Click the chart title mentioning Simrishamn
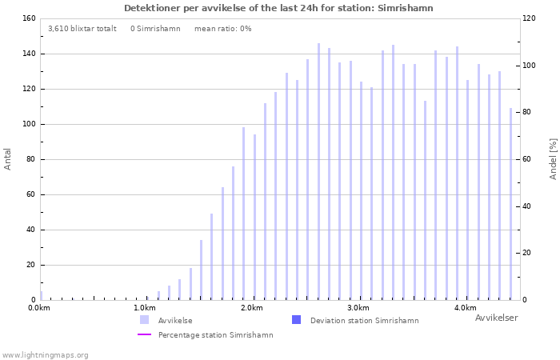point(278,8)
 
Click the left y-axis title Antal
point(8,158)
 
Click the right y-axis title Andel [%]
point(553,158)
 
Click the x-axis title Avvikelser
point(496,318)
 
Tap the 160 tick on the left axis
point(28,18)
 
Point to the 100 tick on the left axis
point(28,124)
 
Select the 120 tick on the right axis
point(529,18)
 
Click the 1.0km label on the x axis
point(144,308)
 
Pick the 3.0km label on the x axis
point(358,308)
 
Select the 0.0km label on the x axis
point(38,308)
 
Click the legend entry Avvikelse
point(174,321)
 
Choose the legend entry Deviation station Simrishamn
point(364,321)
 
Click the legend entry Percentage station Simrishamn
point(215,335)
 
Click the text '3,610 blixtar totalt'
point(82,29)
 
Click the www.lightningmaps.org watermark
point(45,355)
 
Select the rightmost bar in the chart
point(510,204)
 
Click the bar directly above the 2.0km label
point(254,217)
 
